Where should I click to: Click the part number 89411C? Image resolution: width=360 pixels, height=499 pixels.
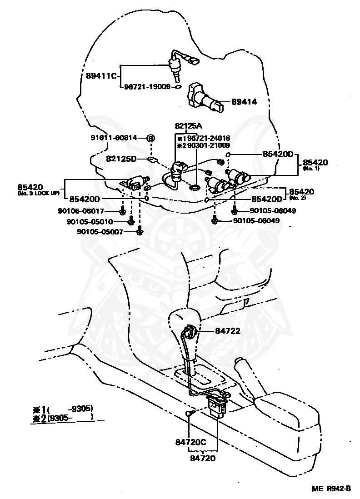[x=101, y=75]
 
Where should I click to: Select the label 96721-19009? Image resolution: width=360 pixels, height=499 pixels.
[x=147, y=86]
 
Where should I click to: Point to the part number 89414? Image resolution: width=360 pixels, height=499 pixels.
[x=244, y=102]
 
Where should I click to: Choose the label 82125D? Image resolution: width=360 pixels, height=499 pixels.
[x=121, y=159]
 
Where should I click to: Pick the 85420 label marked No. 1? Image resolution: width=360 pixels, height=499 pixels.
[x=315, y=162]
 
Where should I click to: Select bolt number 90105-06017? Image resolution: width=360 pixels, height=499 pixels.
[x=94, y=211]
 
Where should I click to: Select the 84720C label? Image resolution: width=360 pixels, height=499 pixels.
[x=190, y=441]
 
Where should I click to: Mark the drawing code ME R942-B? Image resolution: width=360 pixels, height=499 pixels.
[x=331, y=489]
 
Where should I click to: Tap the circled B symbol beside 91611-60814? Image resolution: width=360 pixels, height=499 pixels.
[x=151, y=138]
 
